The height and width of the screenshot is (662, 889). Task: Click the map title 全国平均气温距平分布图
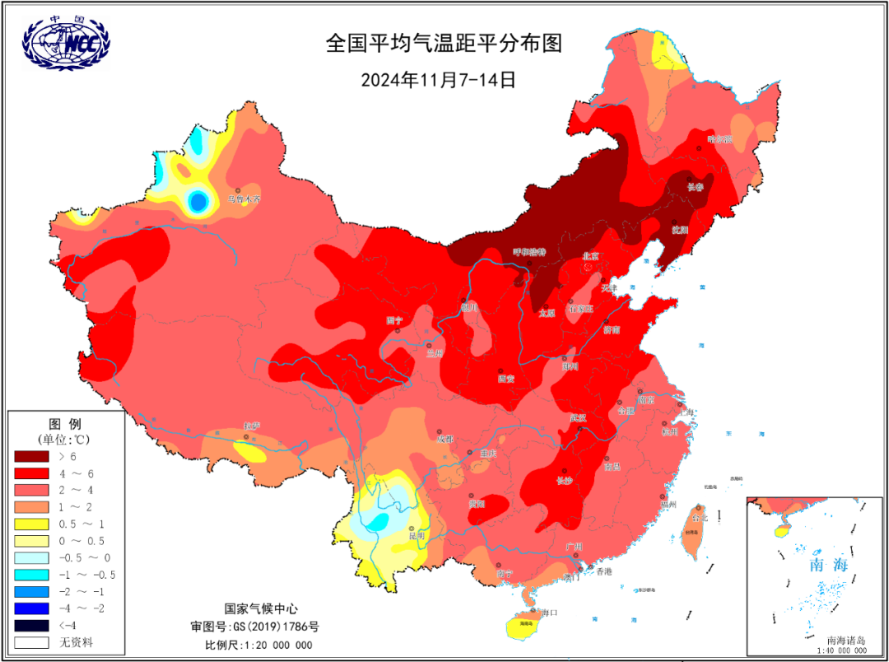pyautogui.click(x=444, y=44)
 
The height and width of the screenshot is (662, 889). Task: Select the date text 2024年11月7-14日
pyautogui.click(x=438, y=80)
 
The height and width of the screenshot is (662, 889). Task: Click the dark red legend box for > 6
pyautogui.click(x=32, y=455)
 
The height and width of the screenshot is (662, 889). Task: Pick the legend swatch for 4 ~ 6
pyautogui.click(x=32, y=473)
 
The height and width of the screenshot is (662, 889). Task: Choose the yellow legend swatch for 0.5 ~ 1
pyautogui.click(x=32, y=524)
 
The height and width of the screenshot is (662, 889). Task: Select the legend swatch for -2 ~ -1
pyautogui.click(x=32, y=591)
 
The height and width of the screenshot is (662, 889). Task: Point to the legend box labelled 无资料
pyautogui.click(x=32, y=641)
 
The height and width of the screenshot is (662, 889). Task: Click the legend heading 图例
pyautogui.click(x=66, y=423)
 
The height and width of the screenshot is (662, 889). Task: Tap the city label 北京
pyautogui.click(x=592, y=257)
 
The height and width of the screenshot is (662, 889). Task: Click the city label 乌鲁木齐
pyautogui.click(x=244, y=199)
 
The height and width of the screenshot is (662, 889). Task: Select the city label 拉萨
pyautogui.click(x=251, y=426)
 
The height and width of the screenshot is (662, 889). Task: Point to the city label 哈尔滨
pyautogui.click(x=719, y=139)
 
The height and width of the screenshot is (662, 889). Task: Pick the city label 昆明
pyautogui.click(x=417, y=535)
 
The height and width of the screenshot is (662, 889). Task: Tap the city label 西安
pyautogui.click(x=505, y=379)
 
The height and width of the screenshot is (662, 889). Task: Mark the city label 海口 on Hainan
pyautogui.click(x=550, y=613)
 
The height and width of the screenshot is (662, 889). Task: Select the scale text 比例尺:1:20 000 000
pyautogui.click(x=258, y=644)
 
